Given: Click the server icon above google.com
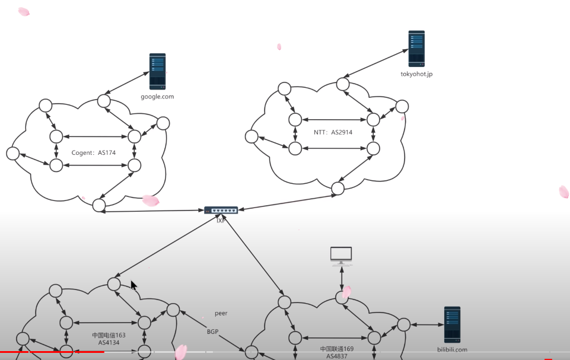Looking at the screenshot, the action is [x=157, y=71].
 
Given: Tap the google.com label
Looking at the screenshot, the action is [x=157, y=97].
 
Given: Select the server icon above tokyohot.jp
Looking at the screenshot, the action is [x=416, y=49].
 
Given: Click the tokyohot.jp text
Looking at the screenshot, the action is [x=416, y=75].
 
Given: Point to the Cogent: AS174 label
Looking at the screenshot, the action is [x=94, y=152].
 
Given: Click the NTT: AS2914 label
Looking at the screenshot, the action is [x=333, y=132].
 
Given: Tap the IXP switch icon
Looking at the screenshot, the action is [x=221, y=211].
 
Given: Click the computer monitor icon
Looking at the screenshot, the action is [x=341, y=255].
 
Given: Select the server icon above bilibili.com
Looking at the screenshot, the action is [x=452, y=324].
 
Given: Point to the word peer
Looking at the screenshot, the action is [x=221, y=313].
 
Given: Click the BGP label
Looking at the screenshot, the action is [x=213, y=332].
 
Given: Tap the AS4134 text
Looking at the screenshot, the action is [x=109, y=343].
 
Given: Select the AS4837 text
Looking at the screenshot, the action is [x=337, y=356].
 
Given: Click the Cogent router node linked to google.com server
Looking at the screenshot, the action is [x=104, y=99].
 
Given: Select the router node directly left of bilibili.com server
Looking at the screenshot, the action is [x=403, y=324].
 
